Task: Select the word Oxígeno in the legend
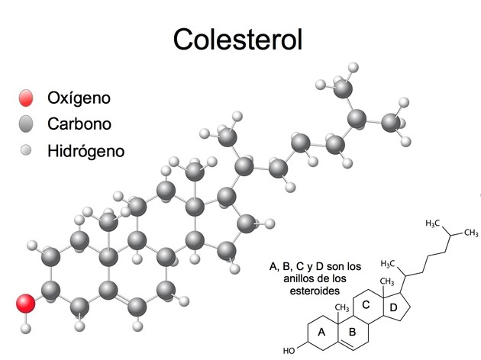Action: tap(79, 98)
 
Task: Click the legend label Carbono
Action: tap(79, 124)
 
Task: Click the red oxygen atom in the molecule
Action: tap(26, 304)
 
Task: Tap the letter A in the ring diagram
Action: tap(321, 332)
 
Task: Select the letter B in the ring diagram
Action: tap(352, 332)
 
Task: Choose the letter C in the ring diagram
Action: tap(366, 305)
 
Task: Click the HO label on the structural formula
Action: tap(289, 352)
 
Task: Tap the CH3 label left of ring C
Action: tap(341, 307)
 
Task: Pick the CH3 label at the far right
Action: tap(471, 232)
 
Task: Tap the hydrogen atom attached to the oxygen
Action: tap(26, 329)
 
